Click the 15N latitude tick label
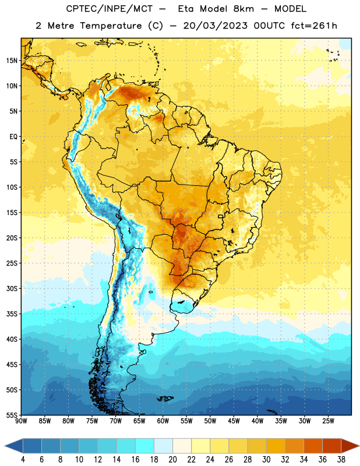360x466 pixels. (x=12, y=61)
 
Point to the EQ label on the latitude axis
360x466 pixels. (x=13, y=137)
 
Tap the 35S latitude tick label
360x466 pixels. (x=12, y=314)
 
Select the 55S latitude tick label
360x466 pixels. (x=12, y=415)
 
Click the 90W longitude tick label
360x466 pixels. (x=21, y=421)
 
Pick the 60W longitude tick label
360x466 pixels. (x=163, y=421)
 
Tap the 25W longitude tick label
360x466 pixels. (x=328, y=421)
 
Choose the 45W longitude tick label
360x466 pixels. (x=234, y=421)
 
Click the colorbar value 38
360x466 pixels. (x=341, y=460)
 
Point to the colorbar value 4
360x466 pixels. (x=23, y=460)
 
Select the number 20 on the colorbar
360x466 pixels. (x=172, y=460)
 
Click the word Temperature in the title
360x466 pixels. (x=111, y=26)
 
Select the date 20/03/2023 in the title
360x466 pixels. (x=215, y=26)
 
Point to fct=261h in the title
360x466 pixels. (x=314, y=26)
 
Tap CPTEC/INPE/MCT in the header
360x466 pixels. (x=110, y=9)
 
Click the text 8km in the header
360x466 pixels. (x=243, y=9)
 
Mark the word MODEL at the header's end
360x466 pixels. (x=291, y=9)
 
